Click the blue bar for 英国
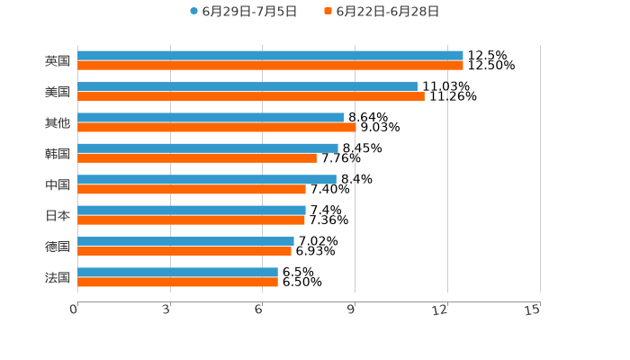pyautogui.click(x=270, y=56)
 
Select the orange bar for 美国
pyautogui.click(x=251, y=96)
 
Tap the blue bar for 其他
pyautogui.click(x=211, y=117)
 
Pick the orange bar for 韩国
pyautogui.click(x=197, y=158)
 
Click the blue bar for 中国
pyautogui.click(x=207, y=179)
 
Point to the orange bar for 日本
pyautogui.click(x=191, y=220)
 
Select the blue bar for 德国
pyautogui.click(x=185, y=241)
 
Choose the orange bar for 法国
pyautogui.click(x=177, y=282)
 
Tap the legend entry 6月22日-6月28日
pyautogui.click(x=387, y=12)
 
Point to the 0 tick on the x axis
pyautogui.click(x=74, y=310)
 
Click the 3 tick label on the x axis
pyautogui.click(x=166, y=310)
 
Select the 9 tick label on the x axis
pyautogui.click(x=352, y=310)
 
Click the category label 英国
pyautogui.click(x=58, y=61)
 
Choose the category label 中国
pyautogui.click(x=58, y=184)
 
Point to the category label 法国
pyautogui.click(x=58, y=277)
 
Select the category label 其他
pyautogui.click(x=58, y=122)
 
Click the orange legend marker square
pyautogui.click(x=328, y=12)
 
